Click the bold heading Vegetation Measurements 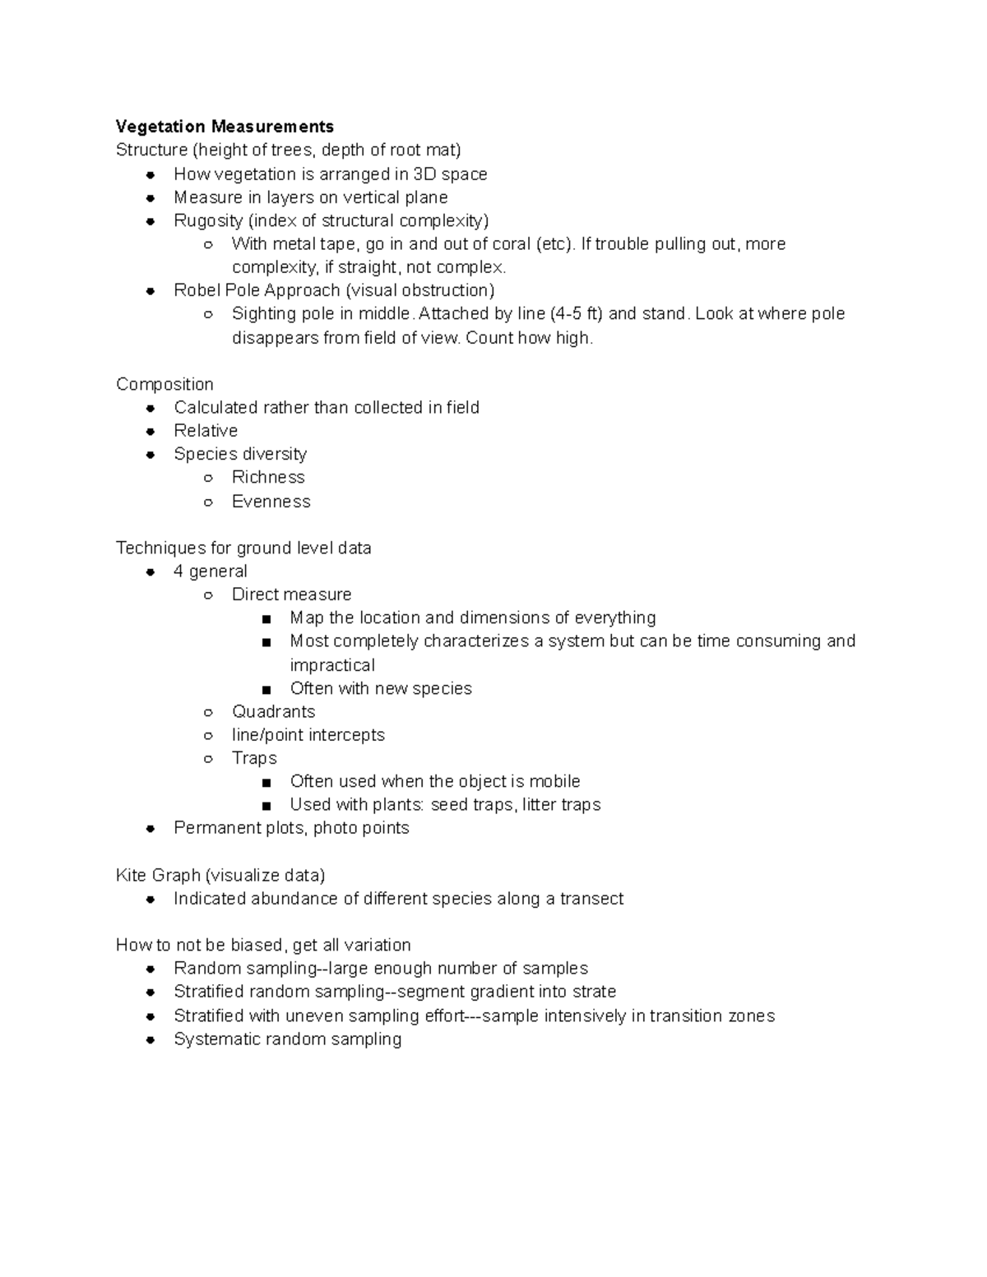pyautogui.click(x=225, y=127)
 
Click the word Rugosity pyautogui.click(x=208, y=220)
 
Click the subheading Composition pyautogui.click(x=164, y=384)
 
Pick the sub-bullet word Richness pyautogui.click(x=268, y=477)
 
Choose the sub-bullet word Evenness pyautogui.click(x=271, y=502)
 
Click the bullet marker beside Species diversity pyautogui.click(x=151, y=455)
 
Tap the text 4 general pyautogui.click(x=210, y=571)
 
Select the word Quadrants pyautogui.click(x=273, y=711)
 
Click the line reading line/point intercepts pyautogui.click(x=308, y=734)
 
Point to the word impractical pyautogui.click(x=332, y=664)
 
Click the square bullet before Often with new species pyautogui.click(x=266, y=689)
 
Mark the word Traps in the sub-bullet pyautogui.click(x=254, y=758)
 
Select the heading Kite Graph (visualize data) pyautogui.click(x=220, y=875)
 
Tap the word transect pyautogui.click(x=591, y=899)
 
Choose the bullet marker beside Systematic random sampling pyautogui.click(x=151, y=1040)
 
